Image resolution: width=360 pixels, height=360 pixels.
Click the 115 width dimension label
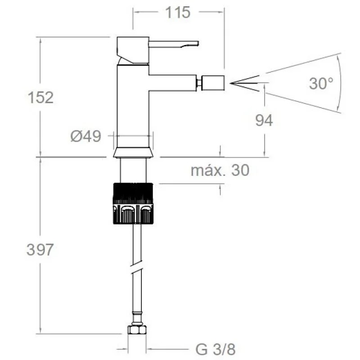click(x=178, y=13)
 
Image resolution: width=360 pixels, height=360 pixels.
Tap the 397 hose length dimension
click(x=40, y=250)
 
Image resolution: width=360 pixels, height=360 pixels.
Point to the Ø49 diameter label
click(x=85, y=136)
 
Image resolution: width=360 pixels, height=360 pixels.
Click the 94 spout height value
click(x=264, y=120)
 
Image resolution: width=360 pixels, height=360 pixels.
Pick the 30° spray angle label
click(x=321, y=83)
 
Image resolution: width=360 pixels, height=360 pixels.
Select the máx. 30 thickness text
click(x=220, y=171)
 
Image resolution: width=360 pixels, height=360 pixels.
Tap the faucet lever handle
click(x=174, y=44)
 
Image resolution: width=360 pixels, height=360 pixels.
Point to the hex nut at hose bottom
click(x=136, y=329)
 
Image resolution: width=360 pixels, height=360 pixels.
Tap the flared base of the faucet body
click(x=133, y=153)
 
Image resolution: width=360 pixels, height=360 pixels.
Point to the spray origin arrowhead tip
click(x=231, y=83)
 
